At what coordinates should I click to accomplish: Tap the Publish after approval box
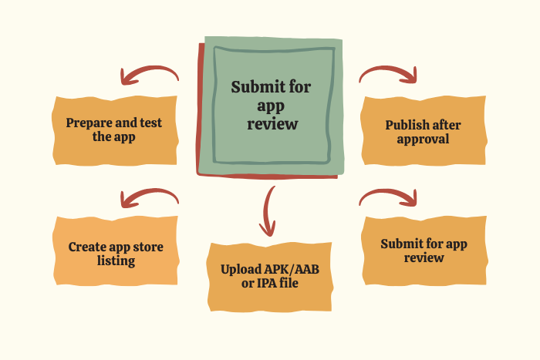424,130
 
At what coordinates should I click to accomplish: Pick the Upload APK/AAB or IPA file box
270,276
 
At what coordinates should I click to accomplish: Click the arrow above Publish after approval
388,74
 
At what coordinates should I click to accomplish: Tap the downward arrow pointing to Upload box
268,210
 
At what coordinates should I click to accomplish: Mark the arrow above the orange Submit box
388,197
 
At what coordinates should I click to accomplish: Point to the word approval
424,139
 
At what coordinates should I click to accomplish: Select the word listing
116,261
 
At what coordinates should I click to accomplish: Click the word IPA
268,284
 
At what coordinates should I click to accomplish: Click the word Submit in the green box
250,86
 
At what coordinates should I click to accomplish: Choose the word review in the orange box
424,257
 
